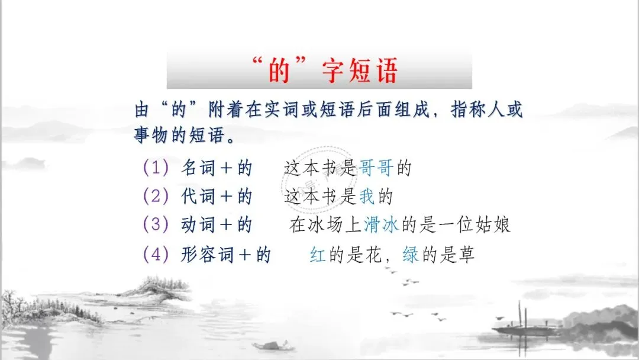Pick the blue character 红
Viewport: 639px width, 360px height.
(318, 255)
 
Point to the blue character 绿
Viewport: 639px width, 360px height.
(410, 255)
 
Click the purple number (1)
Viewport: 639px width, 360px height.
(156, 168)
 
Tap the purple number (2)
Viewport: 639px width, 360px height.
(156, 197)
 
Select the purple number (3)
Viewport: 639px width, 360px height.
(156, 225)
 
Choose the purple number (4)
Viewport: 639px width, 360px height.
(156, 255)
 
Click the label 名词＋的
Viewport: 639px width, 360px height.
(217, 168)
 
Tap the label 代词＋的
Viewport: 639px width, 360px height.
(217, 197)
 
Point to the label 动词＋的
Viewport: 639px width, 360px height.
(217, 225)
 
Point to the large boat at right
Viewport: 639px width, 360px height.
(521, 326)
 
